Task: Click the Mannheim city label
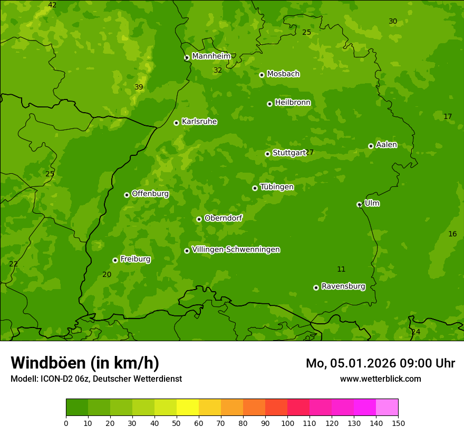[x=211, y=56]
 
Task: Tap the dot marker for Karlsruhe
[x=176, y=123]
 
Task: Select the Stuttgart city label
[x=289, y=153]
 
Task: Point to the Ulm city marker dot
[x=359, y=204]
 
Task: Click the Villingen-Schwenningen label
[x=236, y=250]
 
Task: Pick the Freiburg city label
[x=135, y=259]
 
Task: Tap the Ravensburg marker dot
[x=316, y=287]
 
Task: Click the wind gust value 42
[x=52, y=5]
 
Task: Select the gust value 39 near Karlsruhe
[x=139, y=87]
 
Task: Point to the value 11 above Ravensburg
[x=341, y=269]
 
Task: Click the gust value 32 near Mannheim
[x=218, y=70]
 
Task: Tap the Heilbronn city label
[x=293, y=103]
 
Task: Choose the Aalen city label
[x=386, y=145]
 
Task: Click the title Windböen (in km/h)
[x=85, y=363]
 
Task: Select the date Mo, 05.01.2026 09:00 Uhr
[x=380, y=363]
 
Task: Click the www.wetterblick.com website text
[x=380, y=379]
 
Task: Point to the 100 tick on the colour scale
[x=287, y=422]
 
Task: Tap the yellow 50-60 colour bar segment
[x=188, y=408]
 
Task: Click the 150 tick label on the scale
[x=398, y=422]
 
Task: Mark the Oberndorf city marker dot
[x=199, y=219]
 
